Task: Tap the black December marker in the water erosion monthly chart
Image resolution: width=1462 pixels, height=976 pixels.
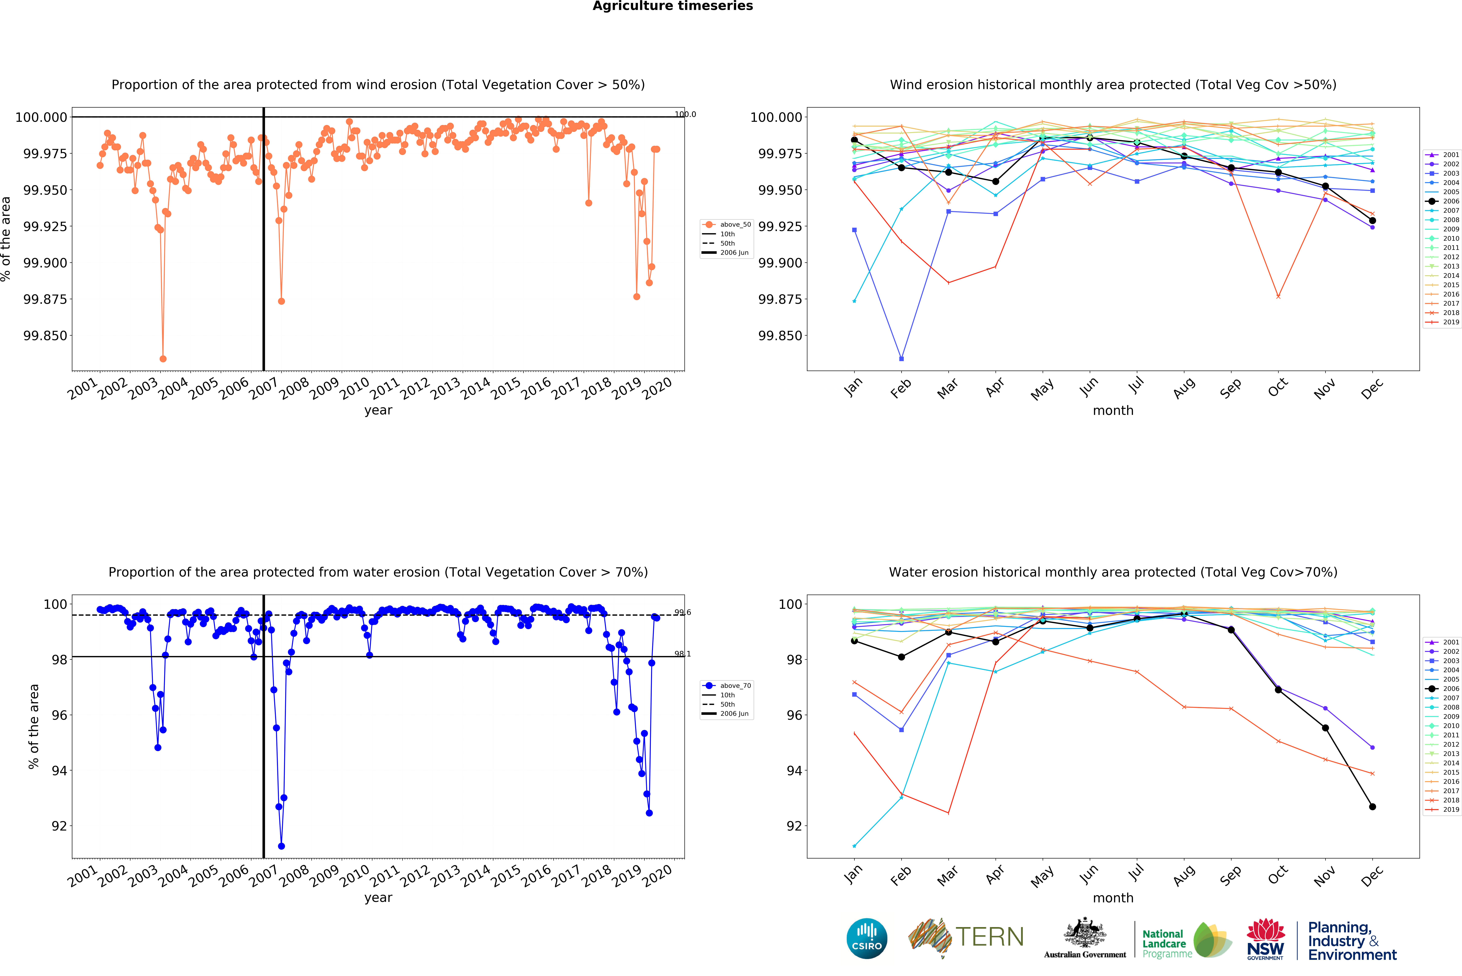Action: pyautogui.click(x=1372, y=807)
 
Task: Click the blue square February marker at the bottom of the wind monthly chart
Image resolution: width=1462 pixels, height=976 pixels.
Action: pyautogui.click(x=901, y=358)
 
